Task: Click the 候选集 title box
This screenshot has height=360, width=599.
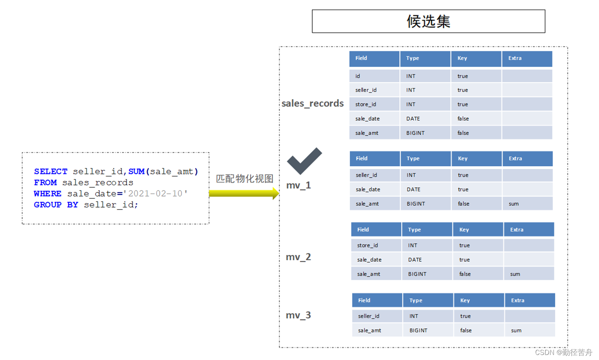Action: (428, 21)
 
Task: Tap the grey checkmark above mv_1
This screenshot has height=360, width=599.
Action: (304, 161)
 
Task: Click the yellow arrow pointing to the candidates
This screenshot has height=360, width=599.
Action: (244, 193)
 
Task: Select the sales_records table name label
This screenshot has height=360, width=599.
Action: (312, 103)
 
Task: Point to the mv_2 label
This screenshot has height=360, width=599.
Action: (298, 257)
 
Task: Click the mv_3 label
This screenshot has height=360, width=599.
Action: (298, 315)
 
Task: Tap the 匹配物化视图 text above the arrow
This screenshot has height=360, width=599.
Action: (245, 179)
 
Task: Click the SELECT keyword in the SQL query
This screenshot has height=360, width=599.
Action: (50, 171)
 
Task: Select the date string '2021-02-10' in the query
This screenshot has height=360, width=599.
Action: (155, 194)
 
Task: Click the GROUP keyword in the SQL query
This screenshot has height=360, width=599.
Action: (47, 205)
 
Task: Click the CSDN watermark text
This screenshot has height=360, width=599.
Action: (563, 352)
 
